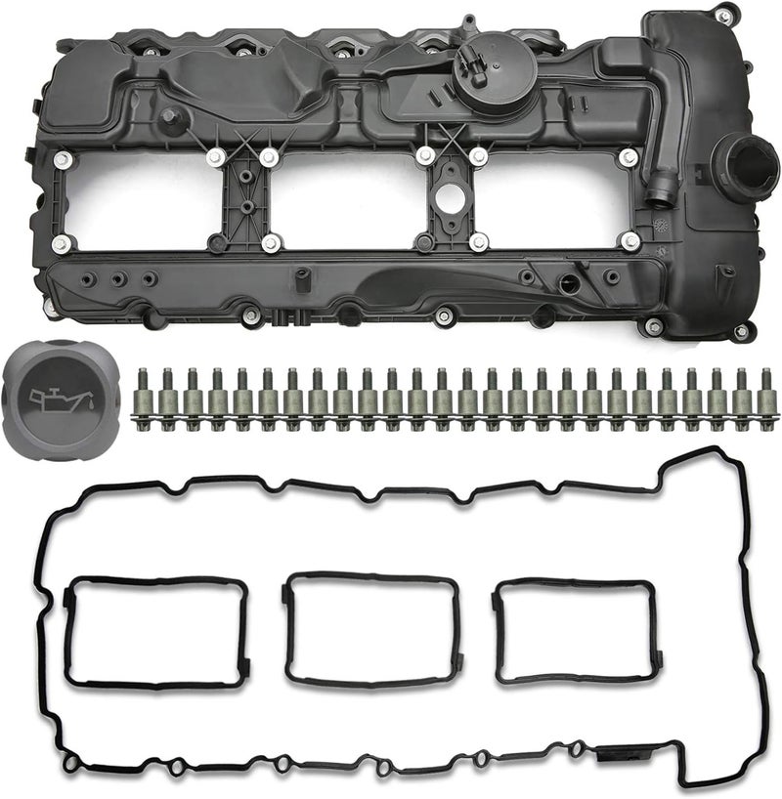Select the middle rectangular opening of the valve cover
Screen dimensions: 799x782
point(342,199)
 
